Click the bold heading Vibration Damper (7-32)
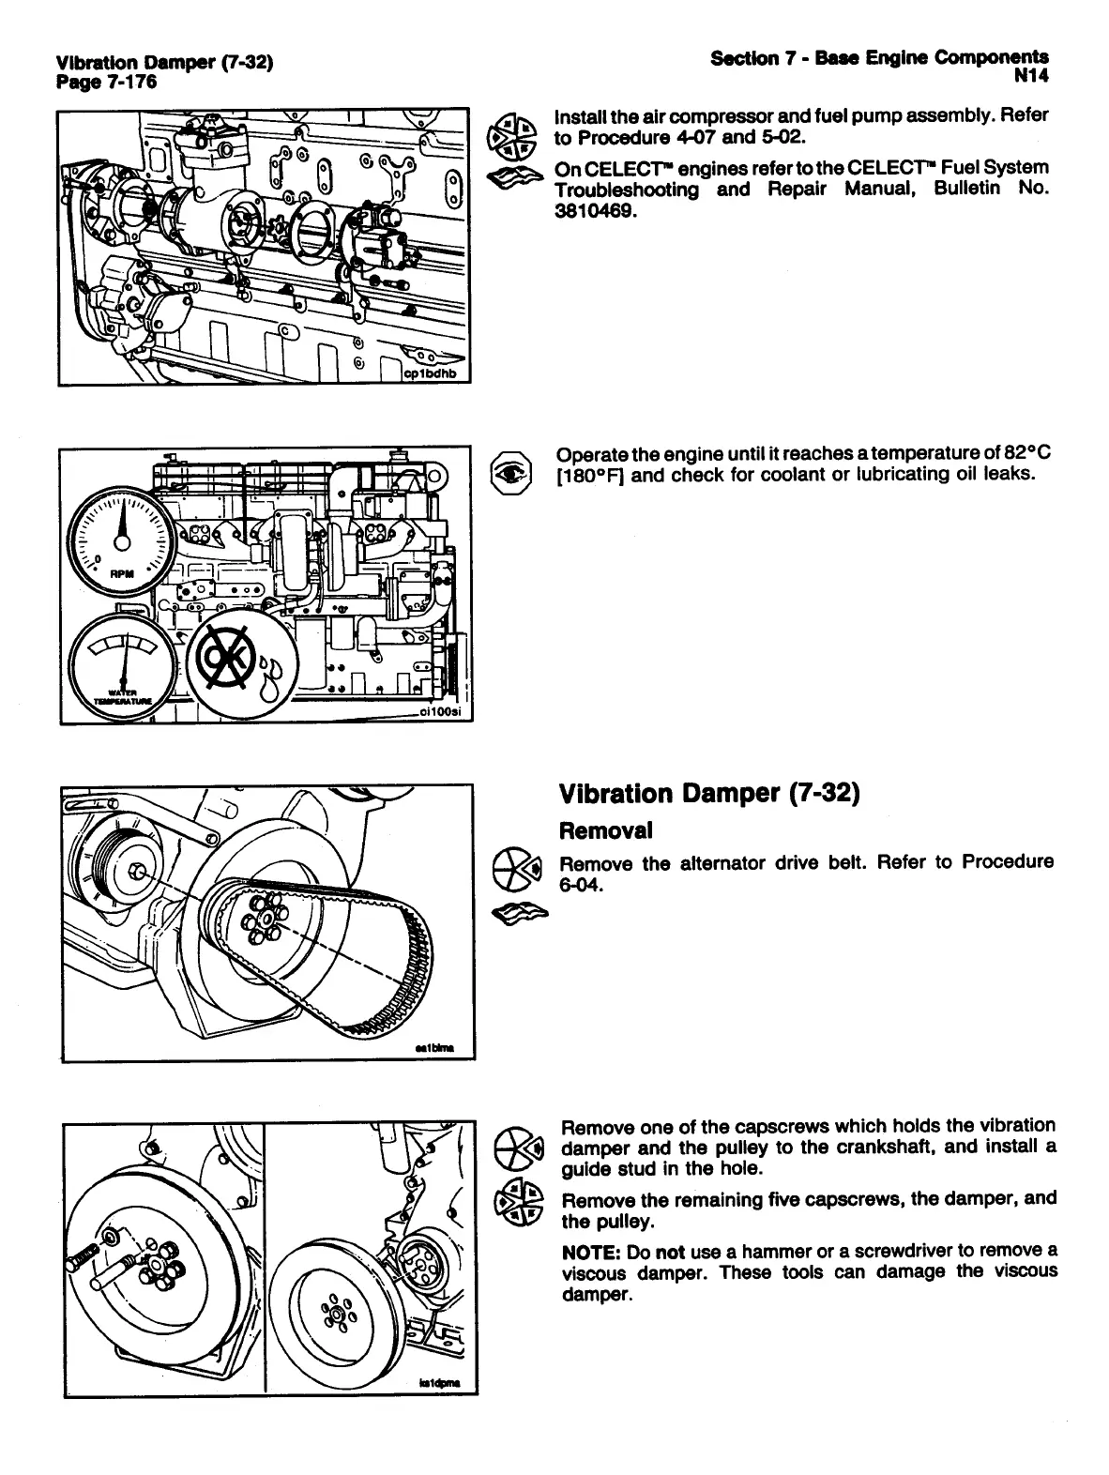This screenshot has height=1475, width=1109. click(x=709, y=794)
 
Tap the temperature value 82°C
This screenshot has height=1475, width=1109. click(x=1021, y=452)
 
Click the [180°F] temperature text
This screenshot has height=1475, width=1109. click(x=591, y=475)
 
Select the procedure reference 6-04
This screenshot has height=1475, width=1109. click(x=580, y=885)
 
